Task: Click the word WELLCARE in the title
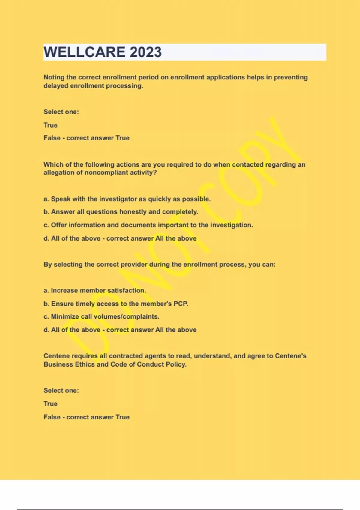pos(84,52)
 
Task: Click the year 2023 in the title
pos(145,52)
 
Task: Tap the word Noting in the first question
pos(54,77)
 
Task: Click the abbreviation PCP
pos(181,304)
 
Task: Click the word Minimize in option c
pos(65,317)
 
